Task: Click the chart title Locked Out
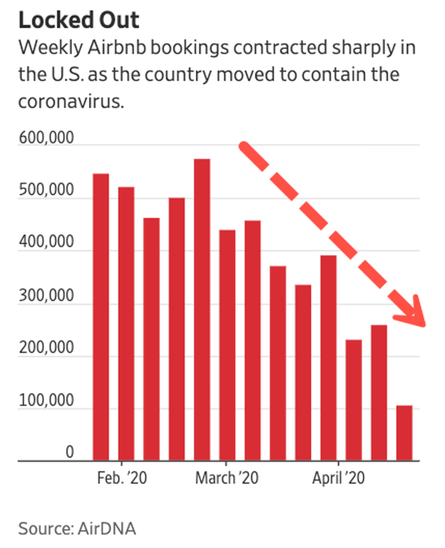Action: coord(78,21)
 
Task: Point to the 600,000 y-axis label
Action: coord(46,137)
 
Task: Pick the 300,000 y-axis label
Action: coord(46,295)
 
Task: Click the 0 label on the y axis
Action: coord(70,452)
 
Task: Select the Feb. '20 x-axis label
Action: coord(121,477)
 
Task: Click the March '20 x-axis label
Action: coord(226,477)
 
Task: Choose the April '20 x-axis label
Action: coord(338,477)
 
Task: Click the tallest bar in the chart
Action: coord(202,309)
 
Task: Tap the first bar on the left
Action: coord(101,317)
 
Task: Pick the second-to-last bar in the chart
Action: coord(379,392)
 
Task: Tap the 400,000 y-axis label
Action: coord(46,243)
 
